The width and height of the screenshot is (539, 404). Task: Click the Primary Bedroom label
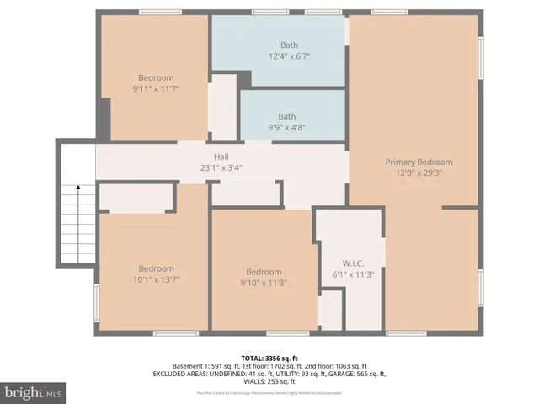pos(419,162)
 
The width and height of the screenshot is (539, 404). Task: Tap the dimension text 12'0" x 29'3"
pos(419,173)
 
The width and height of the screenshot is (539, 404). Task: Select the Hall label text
pos(221,157)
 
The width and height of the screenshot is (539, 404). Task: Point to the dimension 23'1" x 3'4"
pos(221,167)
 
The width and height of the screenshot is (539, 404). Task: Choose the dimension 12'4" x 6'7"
pos(290,56)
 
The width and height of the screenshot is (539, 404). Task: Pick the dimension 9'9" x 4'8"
pos(288,128)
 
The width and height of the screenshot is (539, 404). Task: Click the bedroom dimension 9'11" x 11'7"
pos(156,88)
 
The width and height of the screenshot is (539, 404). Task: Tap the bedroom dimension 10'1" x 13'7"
pos(157,279)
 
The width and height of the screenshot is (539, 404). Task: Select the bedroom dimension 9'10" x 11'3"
pos(264,283)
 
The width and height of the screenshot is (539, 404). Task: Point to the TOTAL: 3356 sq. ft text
pos(269,358)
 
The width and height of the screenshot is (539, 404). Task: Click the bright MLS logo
pos(34,392)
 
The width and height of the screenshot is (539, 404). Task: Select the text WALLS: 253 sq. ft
pos(269,381)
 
